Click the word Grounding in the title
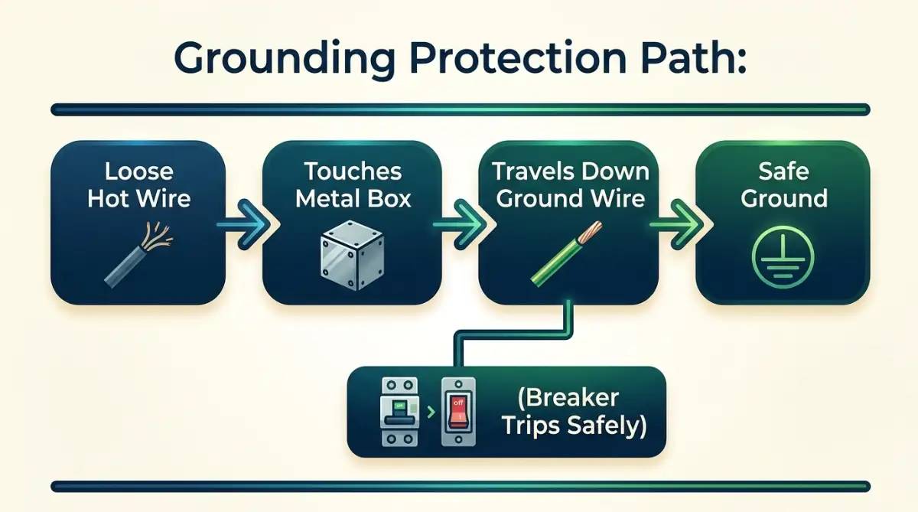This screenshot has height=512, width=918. coord(285,59)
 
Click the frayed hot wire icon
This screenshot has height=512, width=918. coord(138,254)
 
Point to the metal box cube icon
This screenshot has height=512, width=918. coord(352,256)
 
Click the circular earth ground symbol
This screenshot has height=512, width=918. coord(783,256)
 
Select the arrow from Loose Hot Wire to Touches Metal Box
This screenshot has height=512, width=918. coord(244,224)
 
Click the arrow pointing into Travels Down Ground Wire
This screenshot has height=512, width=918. coord(461,224)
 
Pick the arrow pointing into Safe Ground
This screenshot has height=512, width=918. coord(678,224)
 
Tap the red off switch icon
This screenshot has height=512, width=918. coord(458,412)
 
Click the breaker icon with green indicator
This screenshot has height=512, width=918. coord(399,412)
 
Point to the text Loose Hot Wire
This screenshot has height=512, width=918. coord(139,184)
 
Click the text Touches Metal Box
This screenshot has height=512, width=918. coord(353,184)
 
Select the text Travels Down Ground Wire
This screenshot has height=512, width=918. coord(571,184)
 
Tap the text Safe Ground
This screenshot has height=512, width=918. coord(783,184)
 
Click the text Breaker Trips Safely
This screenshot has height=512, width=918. coord(574,412)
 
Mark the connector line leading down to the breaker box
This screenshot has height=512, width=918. coord(513,334)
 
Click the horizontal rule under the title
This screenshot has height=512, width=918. coord(461,109)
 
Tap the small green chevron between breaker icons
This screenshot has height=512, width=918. coord(430,412)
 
